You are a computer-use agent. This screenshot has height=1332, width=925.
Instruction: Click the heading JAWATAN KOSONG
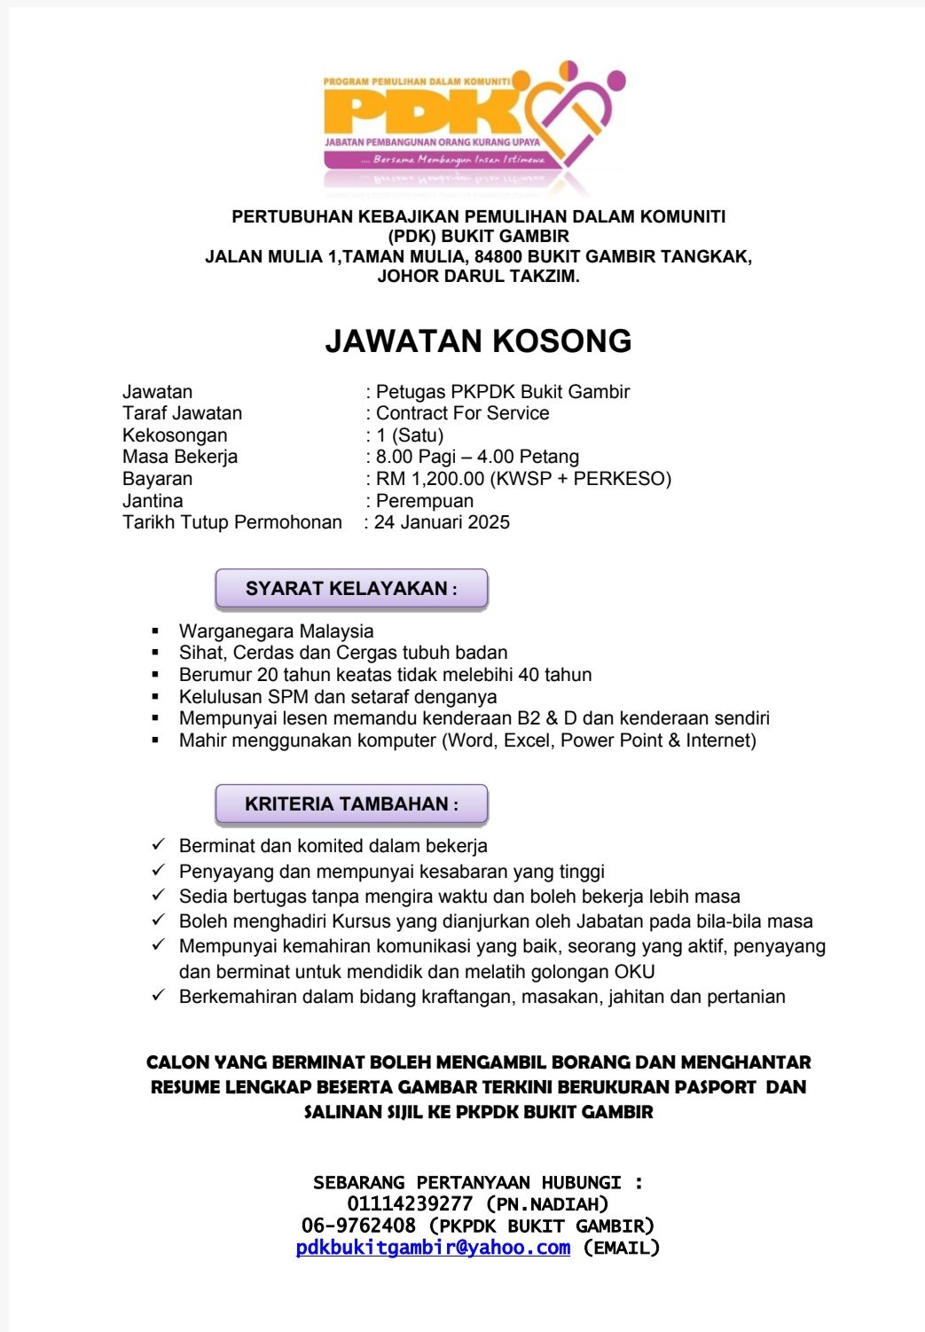(x=478, y=341)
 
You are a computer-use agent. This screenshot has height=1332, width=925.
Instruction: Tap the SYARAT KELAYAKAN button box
(x=351, y=589)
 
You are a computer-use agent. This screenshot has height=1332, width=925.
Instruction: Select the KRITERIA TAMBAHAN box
(x=351, y=804)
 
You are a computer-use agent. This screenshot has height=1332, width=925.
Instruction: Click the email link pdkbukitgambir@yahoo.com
(x=433, y=1248)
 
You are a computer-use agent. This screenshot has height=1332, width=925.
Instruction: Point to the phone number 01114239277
(x=410, y=1204)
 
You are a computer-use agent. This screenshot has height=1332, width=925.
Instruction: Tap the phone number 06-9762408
(x=358, y=1226)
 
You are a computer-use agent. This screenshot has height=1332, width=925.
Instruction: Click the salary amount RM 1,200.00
(x=430, y=479)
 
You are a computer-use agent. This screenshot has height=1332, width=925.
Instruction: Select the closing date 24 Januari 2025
(x=442, y=522)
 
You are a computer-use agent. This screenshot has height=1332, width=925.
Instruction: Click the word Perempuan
(x=425, y=501)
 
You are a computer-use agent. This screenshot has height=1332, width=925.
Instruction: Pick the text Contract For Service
(x=462, y=413)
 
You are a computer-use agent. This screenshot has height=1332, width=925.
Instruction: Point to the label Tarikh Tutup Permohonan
(x=232, y=522)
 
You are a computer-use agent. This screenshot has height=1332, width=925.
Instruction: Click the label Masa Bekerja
(x=180, y=457)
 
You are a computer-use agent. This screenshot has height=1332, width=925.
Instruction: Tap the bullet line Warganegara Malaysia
(x=276, y=631)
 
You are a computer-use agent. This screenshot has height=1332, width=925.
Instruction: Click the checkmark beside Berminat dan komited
(x=159, y=844)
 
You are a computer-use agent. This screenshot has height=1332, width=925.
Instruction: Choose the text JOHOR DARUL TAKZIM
(x=478, y=276)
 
